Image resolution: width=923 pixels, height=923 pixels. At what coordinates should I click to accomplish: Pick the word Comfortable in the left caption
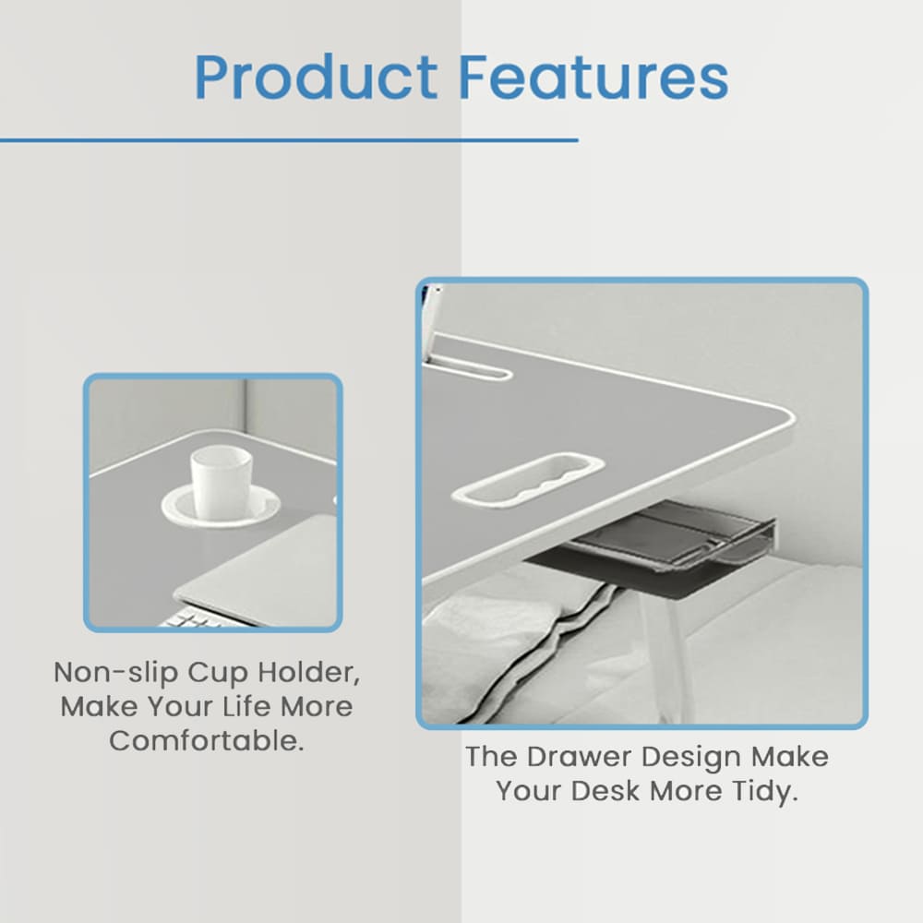tap(207, 740)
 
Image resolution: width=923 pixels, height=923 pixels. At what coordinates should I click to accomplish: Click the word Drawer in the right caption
tap(581, 757)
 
